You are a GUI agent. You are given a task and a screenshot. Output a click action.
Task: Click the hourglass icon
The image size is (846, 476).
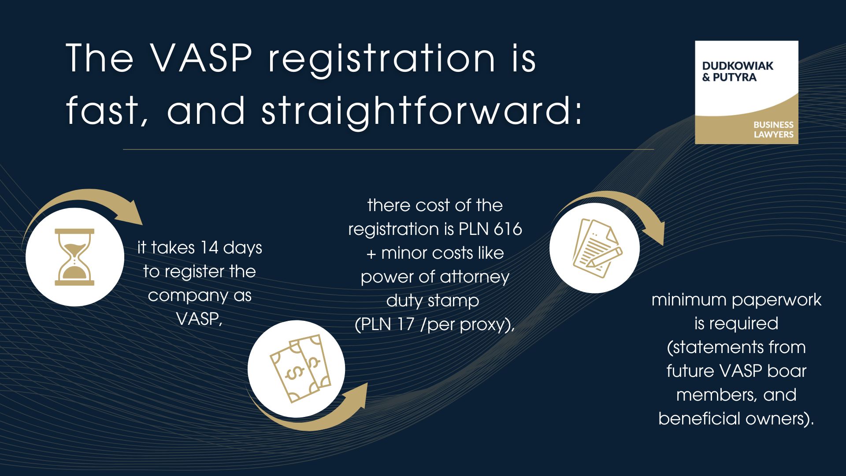coord(74,257)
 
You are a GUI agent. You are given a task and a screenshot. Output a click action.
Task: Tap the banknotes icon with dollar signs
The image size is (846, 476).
coord(301,368)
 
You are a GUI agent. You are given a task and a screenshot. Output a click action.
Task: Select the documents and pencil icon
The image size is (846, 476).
coord(596,248)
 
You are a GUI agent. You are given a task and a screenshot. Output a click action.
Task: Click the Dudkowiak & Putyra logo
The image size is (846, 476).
coord(746,92)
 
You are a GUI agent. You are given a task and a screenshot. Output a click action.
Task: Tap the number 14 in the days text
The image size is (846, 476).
coord(209,248)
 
